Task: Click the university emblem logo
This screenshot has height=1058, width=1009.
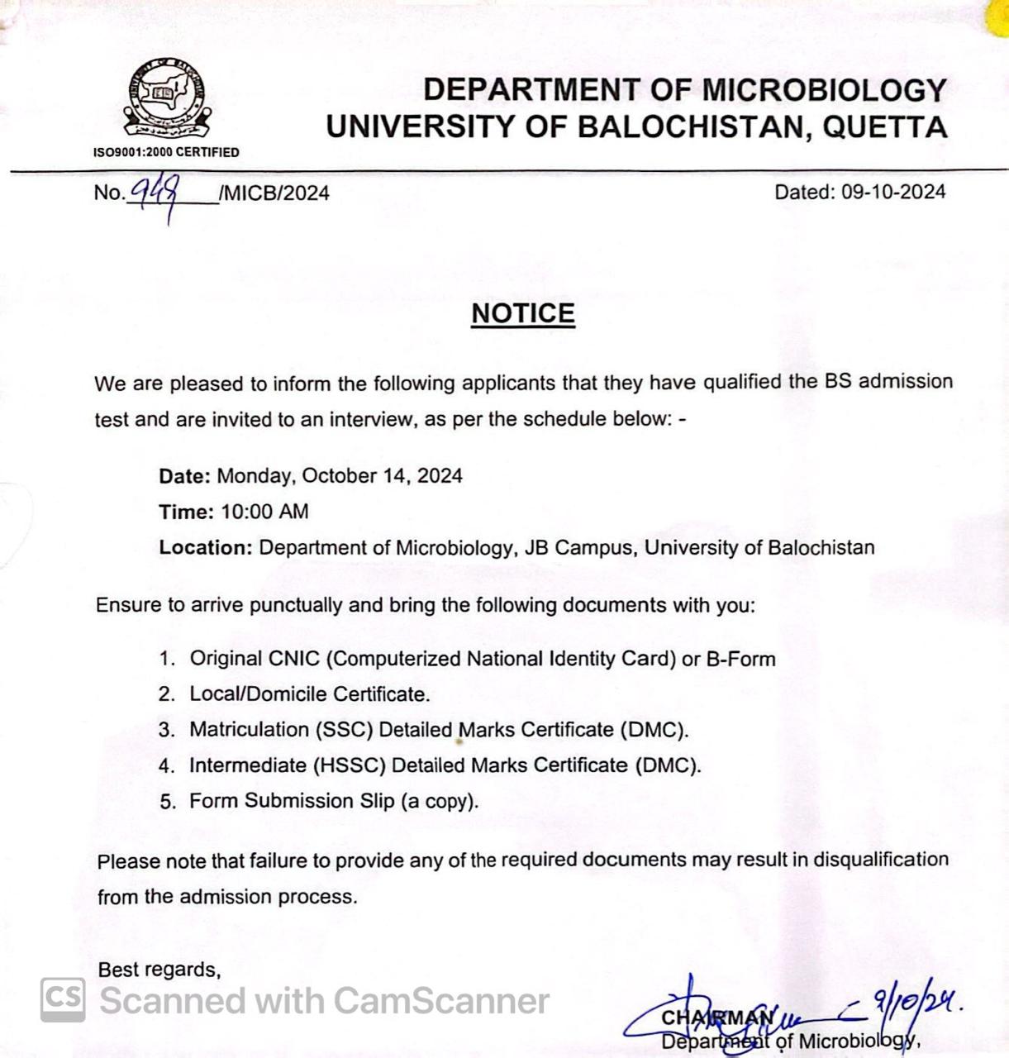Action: [x=167, y=99]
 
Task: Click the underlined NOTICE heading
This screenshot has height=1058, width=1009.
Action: [x=522, y=313]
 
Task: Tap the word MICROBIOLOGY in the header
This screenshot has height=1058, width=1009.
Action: [x=823, y=89]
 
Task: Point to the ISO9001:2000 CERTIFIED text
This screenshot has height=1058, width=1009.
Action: [x=166, y=152]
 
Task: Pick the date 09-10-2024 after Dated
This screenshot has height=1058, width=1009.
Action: [x=893, y=192]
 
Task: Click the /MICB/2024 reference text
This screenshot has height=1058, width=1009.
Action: [x=274, y=193]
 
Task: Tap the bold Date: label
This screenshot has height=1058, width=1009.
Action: [x=185, y=476]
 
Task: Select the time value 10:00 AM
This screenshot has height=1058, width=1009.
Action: [x=264, y=512]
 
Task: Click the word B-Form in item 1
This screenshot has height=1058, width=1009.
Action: [x=740, y=659]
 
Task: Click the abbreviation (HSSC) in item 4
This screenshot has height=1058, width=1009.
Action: [x=349, y=765]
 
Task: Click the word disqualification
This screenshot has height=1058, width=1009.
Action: [x=881, y=860]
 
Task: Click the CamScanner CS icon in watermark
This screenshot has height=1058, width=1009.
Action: [x=63, y=999]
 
